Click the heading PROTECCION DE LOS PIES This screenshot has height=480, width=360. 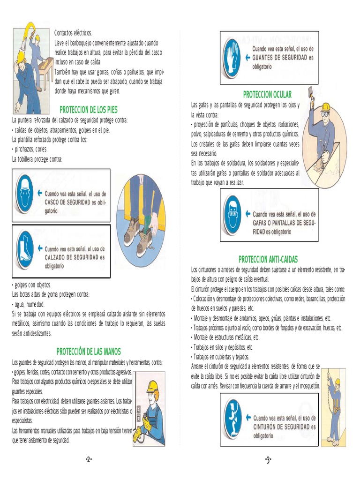[x=89, y=110]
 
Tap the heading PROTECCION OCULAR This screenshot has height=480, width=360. [x=267, y=95]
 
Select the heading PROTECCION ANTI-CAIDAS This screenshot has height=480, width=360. [x=268, y=260]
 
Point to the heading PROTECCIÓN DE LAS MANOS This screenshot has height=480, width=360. [x=89, y=352]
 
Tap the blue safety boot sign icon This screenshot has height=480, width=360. [x=25, y=250]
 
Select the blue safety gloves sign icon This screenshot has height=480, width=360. [x=232, y=58]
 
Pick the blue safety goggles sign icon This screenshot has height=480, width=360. [x=232, y=215]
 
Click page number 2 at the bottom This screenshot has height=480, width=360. [x=89, y=459]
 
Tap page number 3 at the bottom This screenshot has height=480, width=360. [x=268, y=459]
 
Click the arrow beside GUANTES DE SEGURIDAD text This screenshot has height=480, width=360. [x=247, y=57]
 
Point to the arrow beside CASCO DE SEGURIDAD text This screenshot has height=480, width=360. [x=39, y=193]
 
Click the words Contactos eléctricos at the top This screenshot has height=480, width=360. [x=73, y=33]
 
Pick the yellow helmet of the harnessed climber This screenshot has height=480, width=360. [x=337, y=382]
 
